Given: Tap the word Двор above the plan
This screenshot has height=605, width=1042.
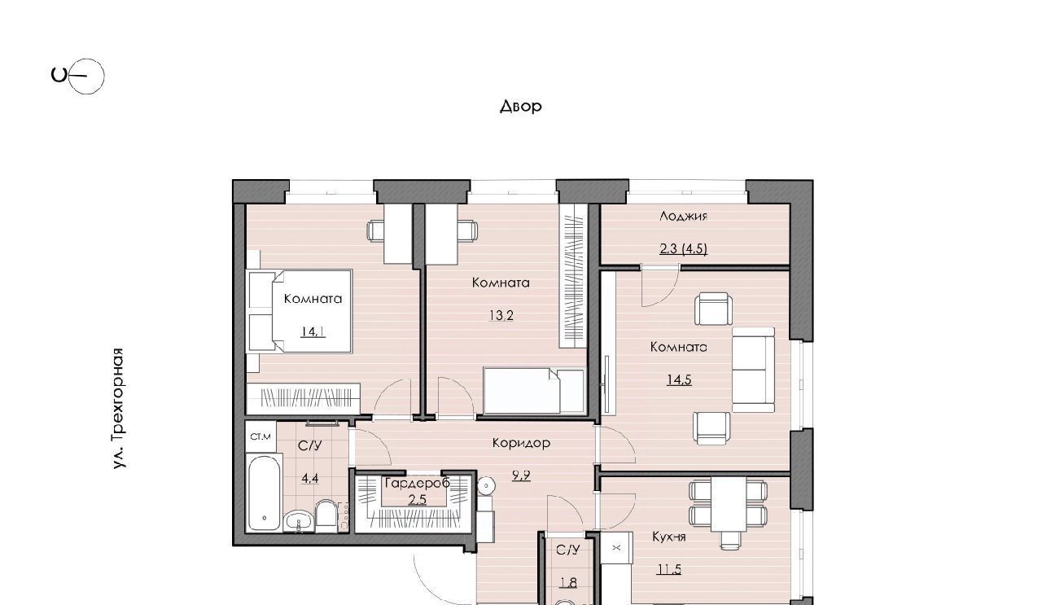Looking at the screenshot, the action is coord(520,106).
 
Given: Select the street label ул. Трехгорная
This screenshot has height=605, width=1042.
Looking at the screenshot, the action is coord(119,408).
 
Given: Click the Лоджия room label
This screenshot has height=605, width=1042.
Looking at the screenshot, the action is coord(683,216).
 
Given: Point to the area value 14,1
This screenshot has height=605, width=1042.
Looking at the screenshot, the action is coord(313,332).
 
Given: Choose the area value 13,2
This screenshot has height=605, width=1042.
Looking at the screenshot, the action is coord(501,316).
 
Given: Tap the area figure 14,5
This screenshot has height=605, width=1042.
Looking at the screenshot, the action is coord(679,379).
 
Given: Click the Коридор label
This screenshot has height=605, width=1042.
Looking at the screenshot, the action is coord(521,443).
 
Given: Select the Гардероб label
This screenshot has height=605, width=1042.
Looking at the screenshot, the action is coord(418,483).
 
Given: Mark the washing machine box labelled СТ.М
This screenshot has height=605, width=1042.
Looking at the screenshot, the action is coord(260,436).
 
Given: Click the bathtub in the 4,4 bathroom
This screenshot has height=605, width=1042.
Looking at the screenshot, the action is coord(265,493).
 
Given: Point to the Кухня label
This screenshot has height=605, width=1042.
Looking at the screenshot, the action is coord(669,537).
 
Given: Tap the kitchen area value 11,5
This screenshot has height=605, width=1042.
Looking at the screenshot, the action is coord(669,569).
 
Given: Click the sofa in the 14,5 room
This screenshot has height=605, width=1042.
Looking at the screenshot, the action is coord(754,370).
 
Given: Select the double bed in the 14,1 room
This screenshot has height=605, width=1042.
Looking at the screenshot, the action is coord(300,311).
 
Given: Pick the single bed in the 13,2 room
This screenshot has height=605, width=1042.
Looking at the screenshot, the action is coord(533,392).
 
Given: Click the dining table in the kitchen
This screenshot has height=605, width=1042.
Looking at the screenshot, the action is coord(729,503).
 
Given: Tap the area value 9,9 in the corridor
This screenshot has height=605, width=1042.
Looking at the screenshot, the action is coord(521,476).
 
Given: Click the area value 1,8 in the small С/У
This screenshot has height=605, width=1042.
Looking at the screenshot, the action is coord(568,582).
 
